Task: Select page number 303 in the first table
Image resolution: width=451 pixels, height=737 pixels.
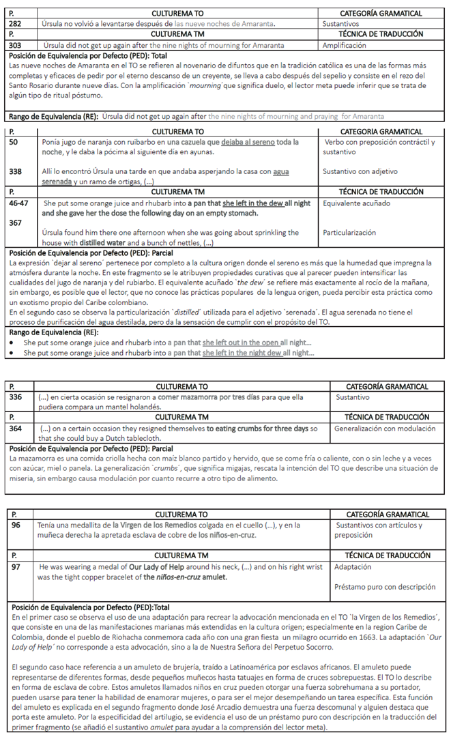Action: point(15,46)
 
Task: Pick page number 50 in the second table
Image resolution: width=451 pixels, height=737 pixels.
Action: point(13,142)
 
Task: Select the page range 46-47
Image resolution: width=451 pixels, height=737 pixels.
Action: point(18,203)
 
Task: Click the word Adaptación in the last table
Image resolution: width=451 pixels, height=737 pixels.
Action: point(353,566)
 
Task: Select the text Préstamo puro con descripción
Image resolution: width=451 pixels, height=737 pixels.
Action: point(384,586)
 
